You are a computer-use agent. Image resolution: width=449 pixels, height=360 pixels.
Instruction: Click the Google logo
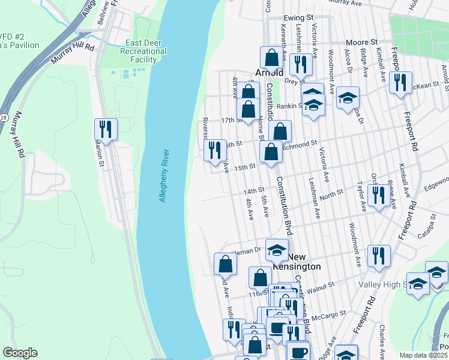[x=20, y=353]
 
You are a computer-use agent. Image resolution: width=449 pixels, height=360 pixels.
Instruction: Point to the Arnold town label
[x=268, y=73]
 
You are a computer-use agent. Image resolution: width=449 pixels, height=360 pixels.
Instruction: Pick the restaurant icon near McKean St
[x=400, y=83]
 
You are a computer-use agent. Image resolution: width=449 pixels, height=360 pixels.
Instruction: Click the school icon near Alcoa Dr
[x=348, y=98]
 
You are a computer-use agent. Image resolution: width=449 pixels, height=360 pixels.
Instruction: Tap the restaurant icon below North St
[x=378, y=196]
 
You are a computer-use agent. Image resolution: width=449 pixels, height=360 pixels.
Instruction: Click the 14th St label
[x=253, y=190]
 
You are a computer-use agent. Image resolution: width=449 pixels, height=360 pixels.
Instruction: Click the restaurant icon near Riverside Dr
[x=215, y=151]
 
